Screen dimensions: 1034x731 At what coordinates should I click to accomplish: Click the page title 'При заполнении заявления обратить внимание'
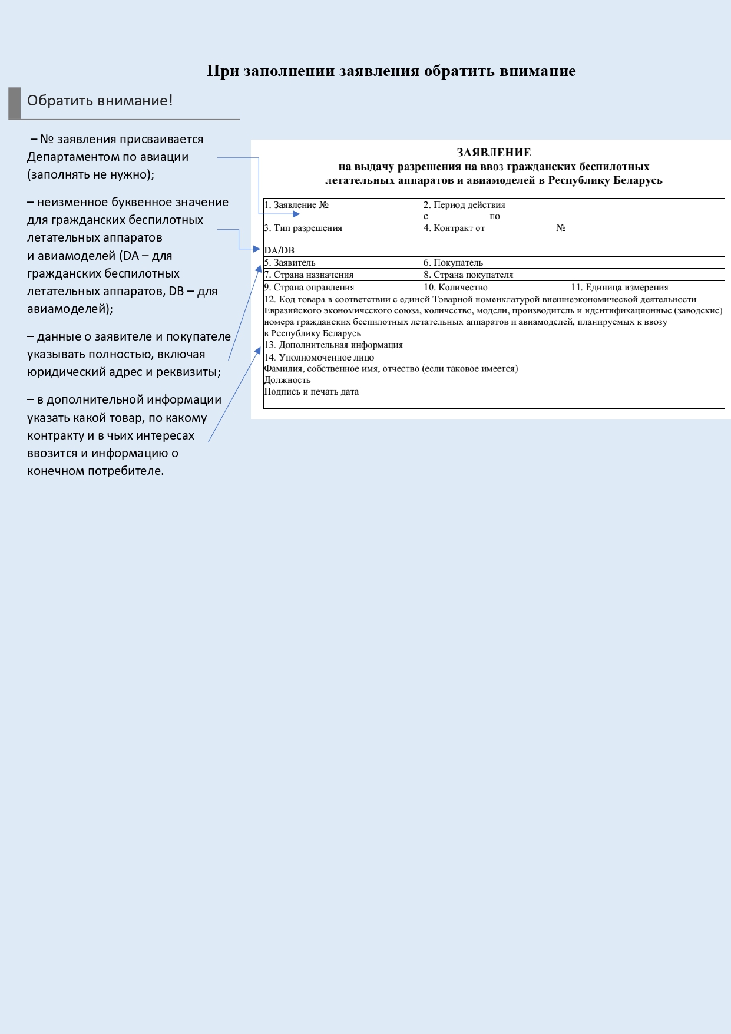click(391, 71)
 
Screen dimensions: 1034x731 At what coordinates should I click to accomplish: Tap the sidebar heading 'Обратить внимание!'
click(100, 101)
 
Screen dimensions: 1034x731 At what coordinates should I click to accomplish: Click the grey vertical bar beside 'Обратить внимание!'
click(14, 103)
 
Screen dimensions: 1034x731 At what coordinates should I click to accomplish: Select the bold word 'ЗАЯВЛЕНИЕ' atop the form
click(494, 153)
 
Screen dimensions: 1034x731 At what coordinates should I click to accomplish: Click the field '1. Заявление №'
click(296, 205)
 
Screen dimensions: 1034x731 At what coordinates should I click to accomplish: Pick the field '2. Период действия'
click(464, 205)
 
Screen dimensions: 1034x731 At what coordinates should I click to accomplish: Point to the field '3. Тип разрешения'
click(303, 228)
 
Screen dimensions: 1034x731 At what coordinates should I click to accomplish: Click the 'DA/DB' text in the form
click(279, 250)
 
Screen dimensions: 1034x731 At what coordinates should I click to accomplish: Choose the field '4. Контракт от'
click(454, 228)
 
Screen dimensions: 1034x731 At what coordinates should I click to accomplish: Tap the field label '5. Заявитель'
click(290, 263)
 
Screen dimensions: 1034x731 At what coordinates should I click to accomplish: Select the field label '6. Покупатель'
click(453, 263)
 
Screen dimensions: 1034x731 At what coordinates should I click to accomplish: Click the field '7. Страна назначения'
click(309, 275)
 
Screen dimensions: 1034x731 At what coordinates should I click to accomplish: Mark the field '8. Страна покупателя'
click(468, 275)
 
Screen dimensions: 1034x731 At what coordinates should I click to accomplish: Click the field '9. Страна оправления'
click(309, 288)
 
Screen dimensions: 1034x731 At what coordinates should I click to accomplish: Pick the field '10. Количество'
click(456, 288)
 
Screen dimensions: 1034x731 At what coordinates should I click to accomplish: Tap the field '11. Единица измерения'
click(620, 288)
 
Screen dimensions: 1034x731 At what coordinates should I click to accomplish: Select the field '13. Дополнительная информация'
click(333, 345)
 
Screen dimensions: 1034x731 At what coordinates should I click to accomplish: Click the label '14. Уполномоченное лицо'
click(319, 358)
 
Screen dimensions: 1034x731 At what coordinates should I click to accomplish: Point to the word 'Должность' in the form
click(287, 381)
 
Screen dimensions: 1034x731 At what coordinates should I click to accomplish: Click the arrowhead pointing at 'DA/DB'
click(256, 249)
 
